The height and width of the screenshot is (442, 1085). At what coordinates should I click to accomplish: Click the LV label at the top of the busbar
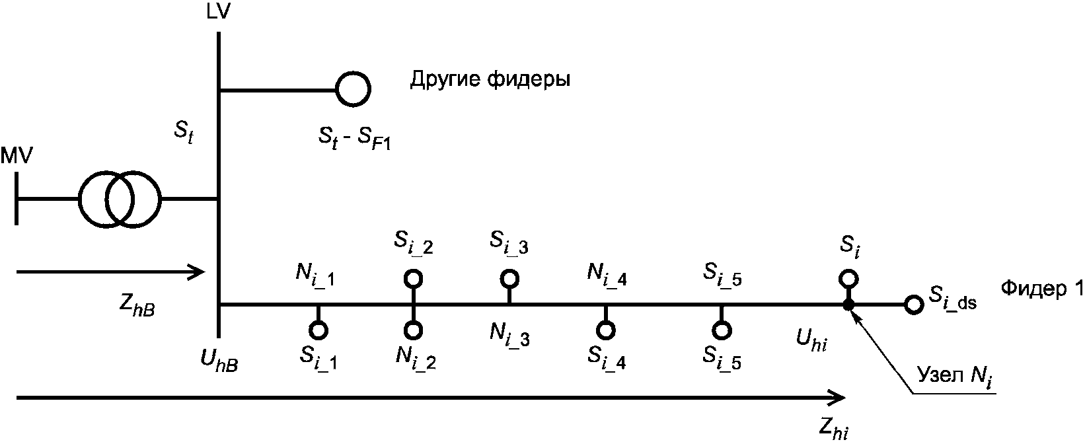pos(219,12)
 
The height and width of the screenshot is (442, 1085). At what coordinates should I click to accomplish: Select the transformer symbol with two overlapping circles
pos(119,199)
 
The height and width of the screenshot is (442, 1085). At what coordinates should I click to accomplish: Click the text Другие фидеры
pos(490,80)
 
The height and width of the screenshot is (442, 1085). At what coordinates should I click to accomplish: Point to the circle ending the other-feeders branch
pos(353,89)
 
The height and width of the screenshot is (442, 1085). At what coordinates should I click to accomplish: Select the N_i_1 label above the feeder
pos(315,276)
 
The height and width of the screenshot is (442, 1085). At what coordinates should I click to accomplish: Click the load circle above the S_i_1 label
pos(318,329)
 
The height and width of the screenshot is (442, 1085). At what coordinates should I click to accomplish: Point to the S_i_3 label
pos(509,242)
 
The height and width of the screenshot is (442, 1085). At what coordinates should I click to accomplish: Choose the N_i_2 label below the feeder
pos(416,358)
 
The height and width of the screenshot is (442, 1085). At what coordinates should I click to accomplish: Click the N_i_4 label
pos(607,276)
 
